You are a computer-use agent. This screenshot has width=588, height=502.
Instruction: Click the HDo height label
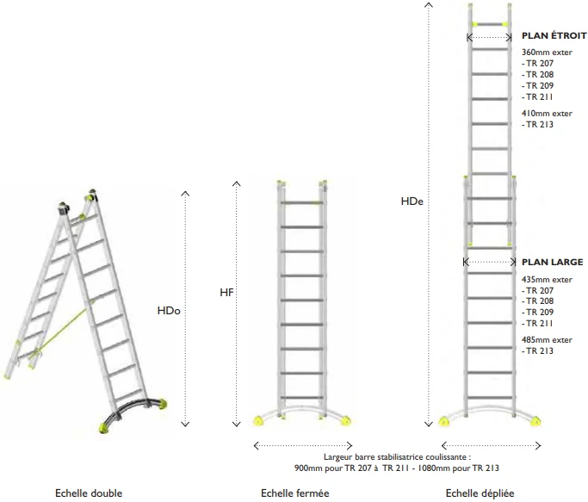click(169, 311)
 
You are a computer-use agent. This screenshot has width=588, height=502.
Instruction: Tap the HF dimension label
click(226, 293)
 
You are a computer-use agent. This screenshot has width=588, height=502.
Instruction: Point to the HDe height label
click(412, 201)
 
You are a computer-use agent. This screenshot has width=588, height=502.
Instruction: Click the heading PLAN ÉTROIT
click(554, 35)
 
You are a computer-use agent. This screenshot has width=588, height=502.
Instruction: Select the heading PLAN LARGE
click(553, 263)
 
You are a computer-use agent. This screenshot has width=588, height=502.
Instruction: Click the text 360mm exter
click(547, 53)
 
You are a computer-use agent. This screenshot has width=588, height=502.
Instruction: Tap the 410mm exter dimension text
click(547, 114)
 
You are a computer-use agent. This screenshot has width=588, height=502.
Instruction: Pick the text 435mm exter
click(547, 280)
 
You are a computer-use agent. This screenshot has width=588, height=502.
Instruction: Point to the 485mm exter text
click(547, 340)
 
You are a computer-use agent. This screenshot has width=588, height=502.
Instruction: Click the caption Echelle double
click(89, 493)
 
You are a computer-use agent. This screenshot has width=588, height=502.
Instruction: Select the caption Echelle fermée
click(295, 493)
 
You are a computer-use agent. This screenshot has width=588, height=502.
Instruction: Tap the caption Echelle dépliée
click(480, 493)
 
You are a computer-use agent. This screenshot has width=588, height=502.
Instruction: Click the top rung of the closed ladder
click(302, 203)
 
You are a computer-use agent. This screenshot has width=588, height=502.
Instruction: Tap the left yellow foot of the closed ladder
click(258, 420)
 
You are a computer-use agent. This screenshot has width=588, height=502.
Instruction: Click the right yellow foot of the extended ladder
click(535, 421)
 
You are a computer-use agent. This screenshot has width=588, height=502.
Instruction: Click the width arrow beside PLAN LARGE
click(490, 262)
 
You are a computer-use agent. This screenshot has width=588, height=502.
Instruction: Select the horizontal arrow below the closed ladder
click(303, 446)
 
